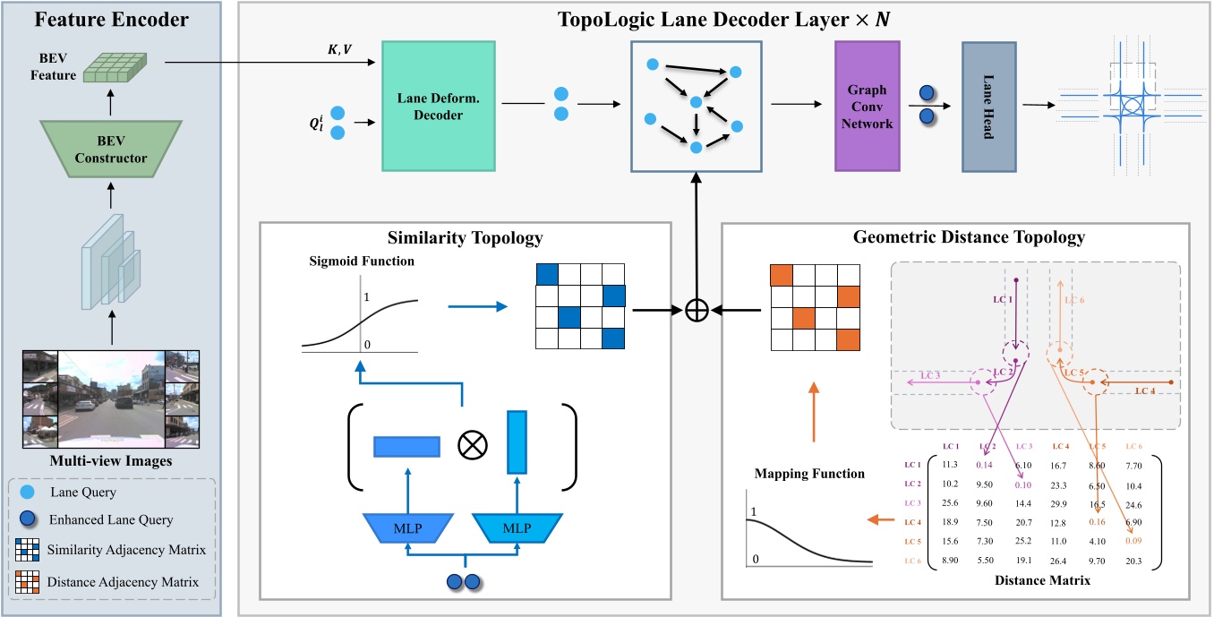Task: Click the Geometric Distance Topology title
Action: coord(955,237)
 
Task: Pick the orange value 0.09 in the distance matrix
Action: coord(1133,541)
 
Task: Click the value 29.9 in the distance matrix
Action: coord(1059,504)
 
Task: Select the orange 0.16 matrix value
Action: coord(1096,522)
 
